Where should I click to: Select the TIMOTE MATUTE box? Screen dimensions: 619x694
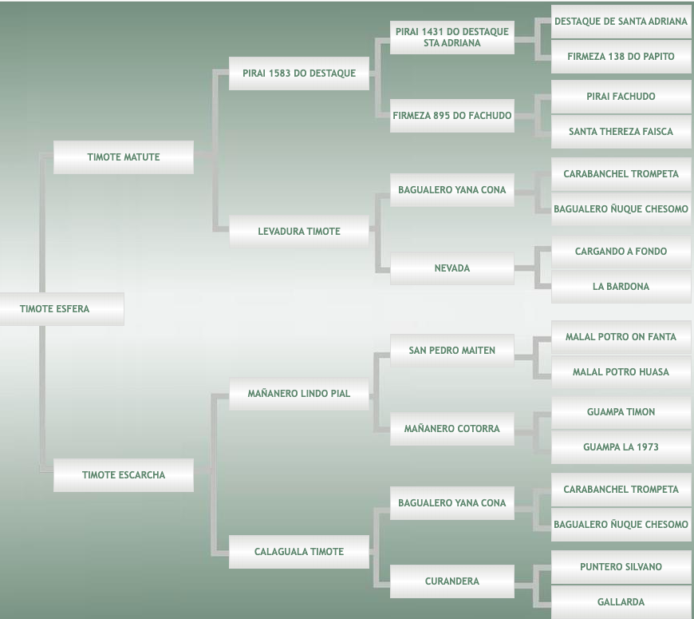[124, 157]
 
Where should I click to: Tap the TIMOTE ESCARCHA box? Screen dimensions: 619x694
[124, 475]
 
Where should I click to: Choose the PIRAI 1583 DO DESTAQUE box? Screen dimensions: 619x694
[299, 73]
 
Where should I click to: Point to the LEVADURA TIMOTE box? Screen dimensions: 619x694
[299, 232]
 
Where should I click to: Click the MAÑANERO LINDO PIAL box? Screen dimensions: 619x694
[299, 394]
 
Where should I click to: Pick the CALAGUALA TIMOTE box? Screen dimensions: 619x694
[299, 552]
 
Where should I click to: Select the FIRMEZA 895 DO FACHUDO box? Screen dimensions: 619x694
[451, 116]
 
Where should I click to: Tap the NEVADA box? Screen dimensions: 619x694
[451, 268]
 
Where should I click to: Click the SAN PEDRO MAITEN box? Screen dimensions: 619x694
[451, 351]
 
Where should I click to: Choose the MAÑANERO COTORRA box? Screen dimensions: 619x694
[451, 429]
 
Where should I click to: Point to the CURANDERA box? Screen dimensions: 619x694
[451, 581]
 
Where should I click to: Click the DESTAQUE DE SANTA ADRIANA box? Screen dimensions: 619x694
[621, 22]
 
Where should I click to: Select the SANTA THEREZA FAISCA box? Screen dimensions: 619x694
[621, 132]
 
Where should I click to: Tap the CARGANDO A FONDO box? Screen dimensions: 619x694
[621, 252]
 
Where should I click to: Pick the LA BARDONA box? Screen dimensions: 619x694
[621, 287]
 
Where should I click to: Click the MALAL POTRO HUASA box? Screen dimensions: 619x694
[621, 372]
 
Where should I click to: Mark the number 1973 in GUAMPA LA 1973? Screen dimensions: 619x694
[644, 447]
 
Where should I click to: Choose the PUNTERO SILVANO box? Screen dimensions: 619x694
[621, 567]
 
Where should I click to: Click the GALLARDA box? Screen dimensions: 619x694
[621, 602]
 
